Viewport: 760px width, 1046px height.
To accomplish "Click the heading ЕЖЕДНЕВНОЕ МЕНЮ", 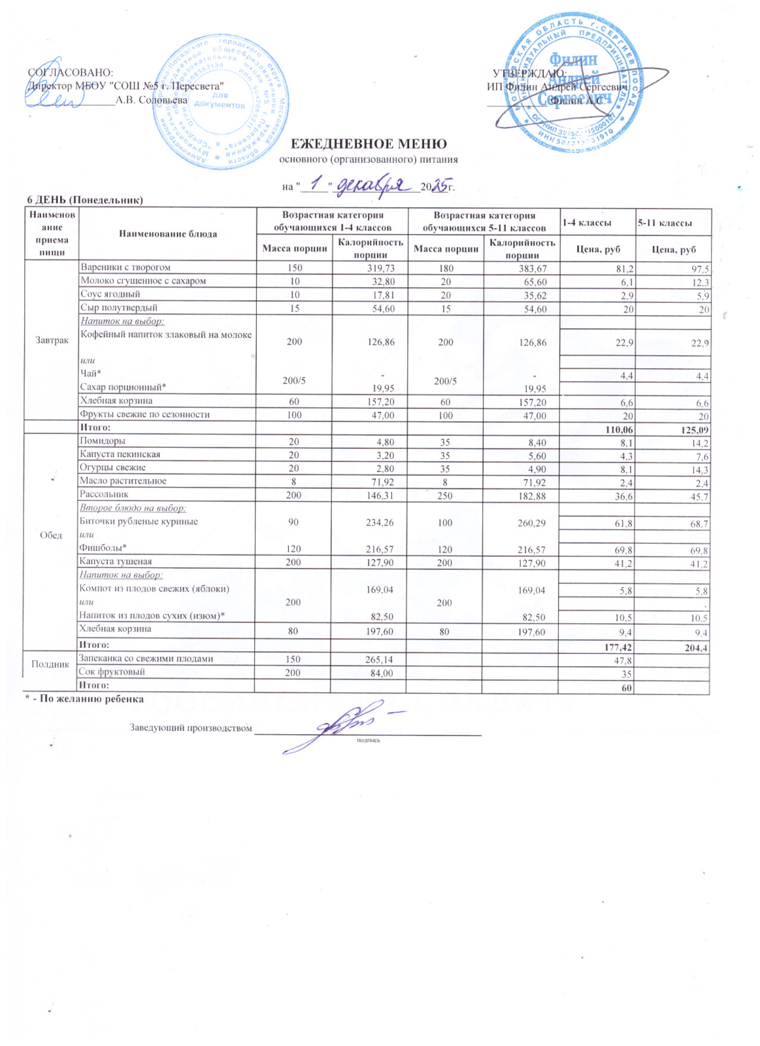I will click(x=369, y=144).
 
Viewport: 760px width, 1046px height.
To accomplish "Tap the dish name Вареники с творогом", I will click(x=125, y=267).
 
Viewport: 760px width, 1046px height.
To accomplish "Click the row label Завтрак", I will click(x=52, y=341).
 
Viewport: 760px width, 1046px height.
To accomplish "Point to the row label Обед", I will click(x=51, y=535).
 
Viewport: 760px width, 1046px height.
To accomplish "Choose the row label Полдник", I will click(x=50, y=664).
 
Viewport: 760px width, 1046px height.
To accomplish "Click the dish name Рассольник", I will click(x=104, y=494).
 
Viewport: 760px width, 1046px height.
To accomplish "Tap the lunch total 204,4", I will click(x=696, y=647).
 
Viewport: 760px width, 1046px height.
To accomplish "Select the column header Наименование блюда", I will click(x=168, y=233).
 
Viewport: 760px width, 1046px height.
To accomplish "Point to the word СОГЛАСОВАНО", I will click(x=71, y=73).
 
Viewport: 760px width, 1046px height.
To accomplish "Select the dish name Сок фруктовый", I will click(x=111, y=671).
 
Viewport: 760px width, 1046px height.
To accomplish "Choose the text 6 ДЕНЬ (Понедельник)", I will click(x=84, y=199).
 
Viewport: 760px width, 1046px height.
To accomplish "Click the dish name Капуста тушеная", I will click(x=116, y=561).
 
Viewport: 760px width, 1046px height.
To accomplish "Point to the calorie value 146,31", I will click(x=380, y=496).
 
